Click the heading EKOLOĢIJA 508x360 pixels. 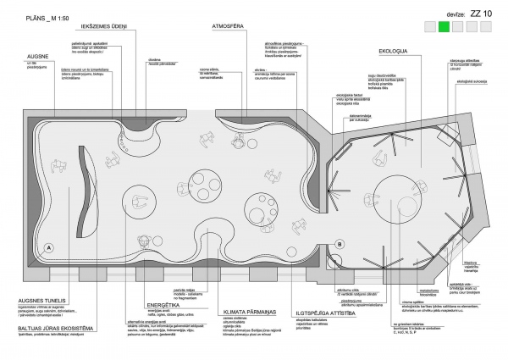(x=392, y=50)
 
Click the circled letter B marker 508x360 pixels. (x=340, y=245)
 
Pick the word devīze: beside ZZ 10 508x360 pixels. (x=433, y=14)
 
